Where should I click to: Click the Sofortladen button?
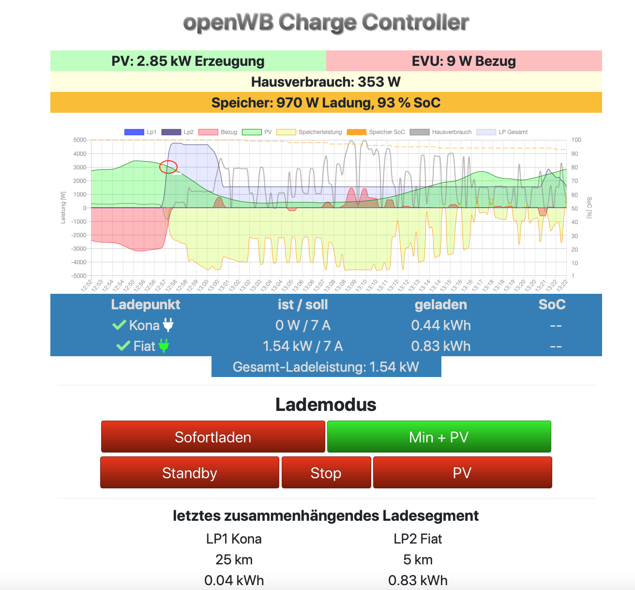[213, 437]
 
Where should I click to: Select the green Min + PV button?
[439, 437]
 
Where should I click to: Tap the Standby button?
[190, 472]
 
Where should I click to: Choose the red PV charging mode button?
[462, 472]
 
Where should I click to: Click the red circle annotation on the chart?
[168, 166]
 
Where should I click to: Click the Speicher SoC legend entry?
[376, 132]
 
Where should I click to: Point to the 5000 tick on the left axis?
[80, 140]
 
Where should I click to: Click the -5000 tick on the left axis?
[79, 276]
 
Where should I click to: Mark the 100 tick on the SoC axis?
[576, 140]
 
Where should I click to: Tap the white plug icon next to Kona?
[168, 325]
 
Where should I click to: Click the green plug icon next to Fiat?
[164, 346]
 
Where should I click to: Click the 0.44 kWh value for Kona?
[441, 325]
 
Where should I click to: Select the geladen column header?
[441, 304]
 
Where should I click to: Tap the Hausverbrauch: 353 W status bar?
[326, 82]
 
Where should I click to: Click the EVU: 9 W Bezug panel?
[464, 61]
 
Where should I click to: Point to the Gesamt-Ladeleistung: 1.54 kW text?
[326, 367]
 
